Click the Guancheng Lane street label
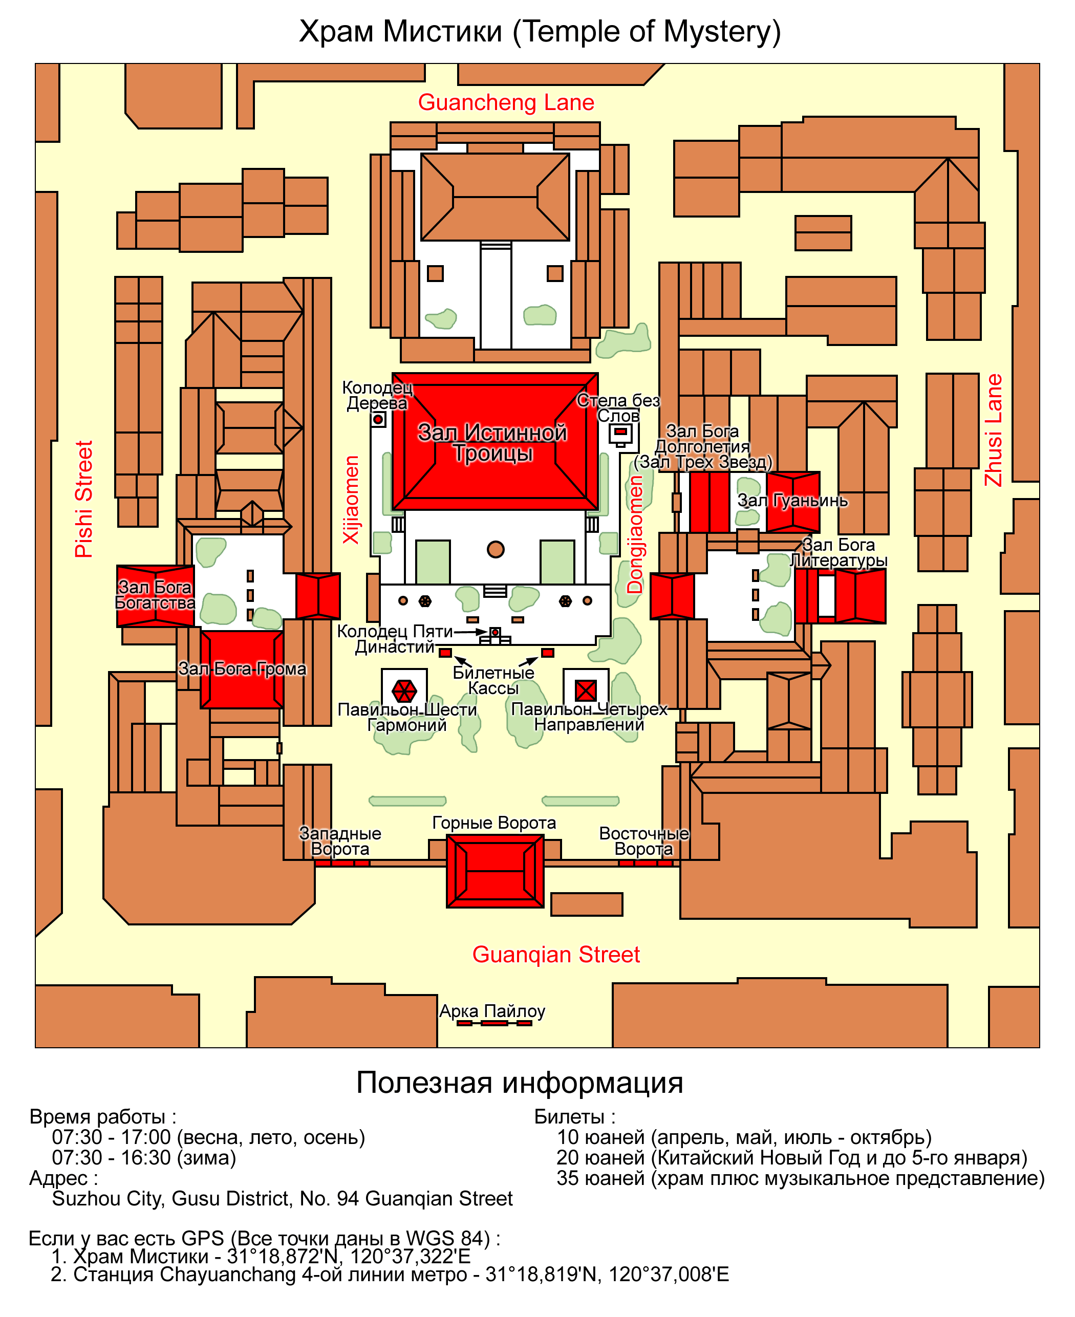pos(506,103)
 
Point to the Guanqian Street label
pos(556,954)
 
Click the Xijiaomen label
pos(351,500)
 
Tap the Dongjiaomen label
pos(635,535)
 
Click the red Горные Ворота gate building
pos(496,871)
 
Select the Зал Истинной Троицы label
pos(493,442)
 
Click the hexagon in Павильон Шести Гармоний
pos(404,690)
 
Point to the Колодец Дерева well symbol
pos(378,419)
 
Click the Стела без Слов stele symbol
pos(620,434)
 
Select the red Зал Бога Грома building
pos(242,670)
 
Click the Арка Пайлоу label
pos(492,1011)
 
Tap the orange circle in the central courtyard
pos(496,549)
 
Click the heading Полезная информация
pos(520,1083)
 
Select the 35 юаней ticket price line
pos(801,1178)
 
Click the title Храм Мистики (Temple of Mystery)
pos(540,32)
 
